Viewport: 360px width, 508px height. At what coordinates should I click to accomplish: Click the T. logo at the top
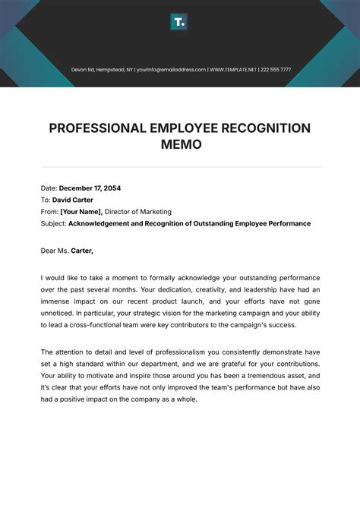tap(179, 22)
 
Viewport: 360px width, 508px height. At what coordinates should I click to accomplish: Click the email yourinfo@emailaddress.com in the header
tap(171, 70)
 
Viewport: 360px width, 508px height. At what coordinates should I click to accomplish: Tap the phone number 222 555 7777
tap(276, 70)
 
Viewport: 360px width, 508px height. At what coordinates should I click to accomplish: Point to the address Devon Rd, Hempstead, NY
tap(102, 70)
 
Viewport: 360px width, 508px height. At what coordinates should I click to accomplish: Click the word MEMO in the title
tap(180, 144)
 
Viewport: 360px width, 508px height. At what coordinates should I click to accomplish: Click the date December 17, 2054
tap(90, 188)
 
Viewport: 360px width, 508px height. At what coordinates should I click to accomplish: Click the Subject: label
tap(53, 224)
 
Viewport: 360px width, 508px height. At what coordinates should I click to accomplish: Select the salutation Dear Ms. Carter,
tap(68, 248)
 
